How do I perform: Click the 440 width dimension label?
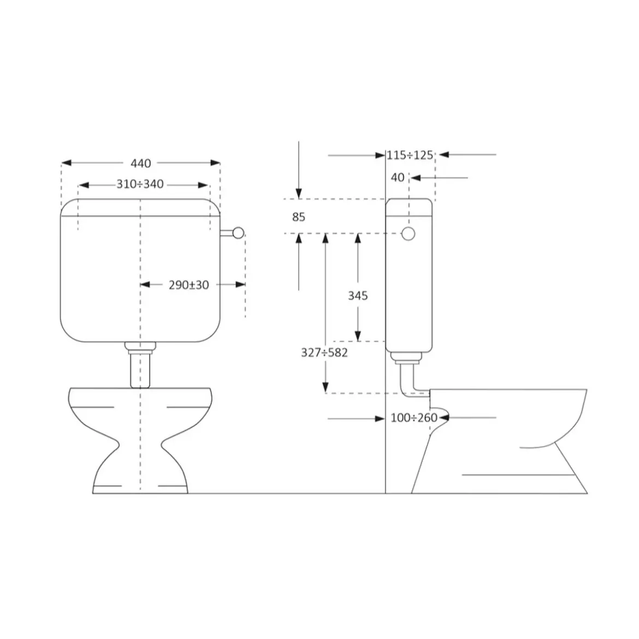(x=140, y=163)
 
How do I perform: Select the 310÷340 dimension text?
(x=140, y=184)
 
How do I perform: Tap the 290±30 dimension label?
(x=188, y=285)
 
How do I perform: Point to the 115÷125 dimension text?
(x=410, y=155)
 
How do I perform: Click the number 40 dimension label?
(x=398, y=177)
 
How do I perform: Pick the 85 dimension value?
(x=299, y=217)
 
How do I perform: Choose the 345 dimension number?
(x=358, y=295)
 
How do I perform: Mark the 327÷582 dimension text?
(x=324, y=352)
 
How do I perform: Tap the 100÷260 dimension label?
(x=414, y=418)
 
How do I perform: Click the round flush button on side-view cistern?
(x=409, y=234)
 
